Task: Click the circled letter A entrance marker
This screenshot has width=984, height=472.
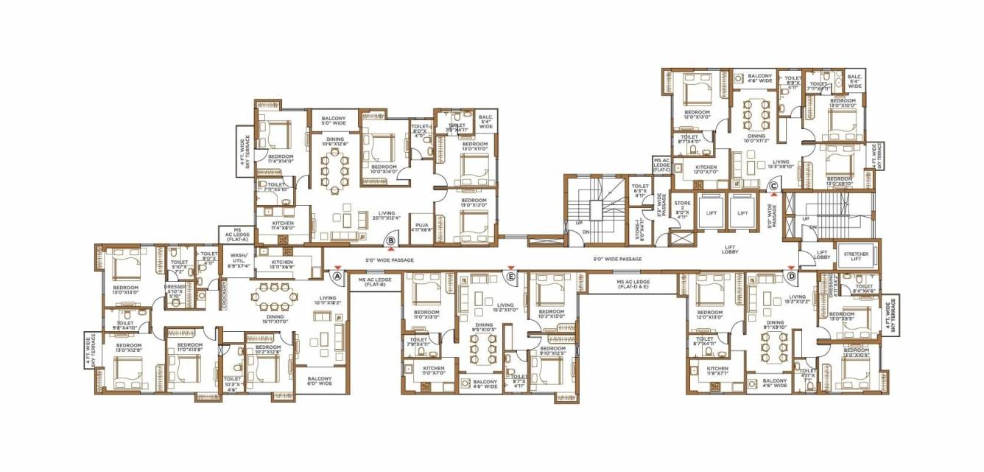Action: (337, 276)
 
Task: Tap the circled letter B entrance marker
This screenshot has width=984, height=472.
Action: (391, 240)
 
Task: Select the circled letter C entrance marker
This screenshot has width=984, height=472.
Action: (773, 187)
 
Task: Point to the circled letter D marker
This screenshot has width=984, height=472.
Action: (791, 276)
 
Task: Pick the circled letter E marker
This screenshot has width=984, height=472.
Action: (510, 276)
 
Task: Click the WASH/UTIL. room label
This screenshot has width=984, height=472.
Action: (237, 258)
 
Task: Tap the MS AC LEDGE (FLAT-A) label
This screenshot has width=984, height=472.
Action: (236, 235)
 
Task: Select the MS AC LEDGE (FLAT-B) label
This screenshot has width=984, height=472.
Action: (375, 282)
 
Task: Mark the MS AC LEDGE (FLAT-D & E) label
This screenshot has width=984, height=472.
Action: (633, 285)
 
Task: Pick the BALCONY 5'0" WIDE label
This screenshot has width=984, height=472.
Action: (333, 121)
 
